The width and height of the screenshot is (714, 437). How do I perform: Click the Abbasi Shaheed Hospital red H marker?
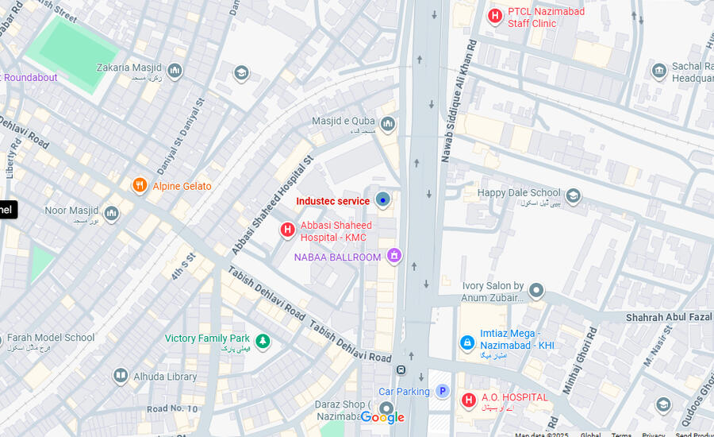point(288,230)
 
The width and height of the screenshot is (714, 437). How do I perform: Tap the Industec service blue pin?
point(383,200)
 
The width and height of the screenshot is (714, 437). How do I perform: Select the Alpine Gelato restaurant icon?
point(140,186)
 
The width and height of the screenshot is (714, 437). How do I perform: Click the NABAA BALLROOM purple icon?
point(393,256)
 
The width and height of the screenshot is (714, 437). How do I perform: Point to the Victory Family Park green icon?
point(263,342)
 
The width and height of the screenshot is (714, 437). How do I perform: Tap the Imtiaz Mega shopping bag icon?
point(467,342)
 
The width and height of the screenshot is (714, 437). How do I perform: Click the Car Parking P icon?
point(443,391)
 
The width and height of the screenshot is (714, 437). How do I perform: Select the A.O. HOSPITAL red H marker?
point(469,400)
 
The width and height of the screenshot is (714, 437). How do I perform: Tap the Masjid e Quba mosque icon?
point(388,124)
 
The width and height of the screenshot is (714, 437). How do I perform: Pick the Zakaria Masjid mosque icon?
point(175,72)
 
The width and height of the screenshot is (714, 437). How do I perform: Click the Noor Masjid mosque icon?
point(112,214)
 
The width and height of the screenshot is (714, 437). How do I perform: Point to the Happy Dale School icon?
point(574,195)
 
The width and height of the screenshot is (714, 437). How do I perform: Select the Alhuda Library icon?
point(121,376)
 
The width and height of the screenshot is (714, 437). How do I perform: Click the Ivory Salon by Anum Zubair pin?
point(536,291)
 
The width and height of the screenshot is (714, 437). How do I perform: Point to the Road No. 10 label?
point(172,409)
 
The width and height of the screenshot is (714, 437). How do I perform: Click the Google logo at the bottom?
point(382,418)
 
